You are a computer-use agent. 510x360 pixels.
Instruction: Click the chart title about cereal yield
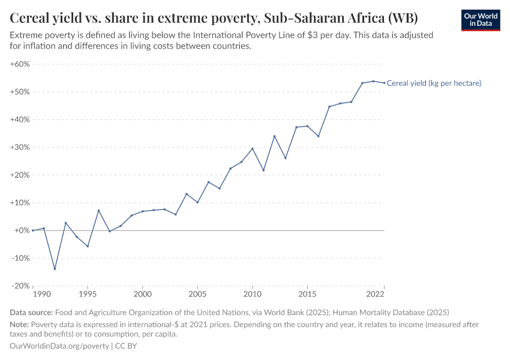click(214, 17)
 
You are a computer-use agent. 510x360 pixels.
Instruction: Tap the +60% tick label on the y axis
click(20, 64)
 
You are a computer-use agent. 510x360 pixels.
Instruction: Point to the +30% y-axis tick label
click(20, 148)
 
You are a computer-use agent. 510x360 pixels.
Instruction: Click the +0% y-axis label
click(22, 230)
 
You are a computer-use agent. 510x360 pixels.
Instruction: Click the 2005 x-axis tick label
click(197, 295)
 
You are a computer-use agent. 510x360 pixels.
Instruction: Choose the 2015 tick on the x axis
click(307, 295)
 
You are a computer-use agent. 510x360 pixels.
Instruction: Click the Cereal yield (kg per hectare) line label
click(434, 83)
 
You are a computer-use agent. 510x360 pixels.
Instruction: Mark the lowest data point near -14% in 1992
click(55, 269)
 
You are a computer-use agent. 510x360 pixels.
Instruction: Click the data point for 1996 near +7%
click(98, 211)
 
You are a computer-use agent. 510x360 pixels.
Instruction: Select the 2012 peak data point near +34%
click(274, 136)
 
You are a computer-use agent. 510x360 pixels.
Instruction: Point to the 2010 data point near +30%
click(252, 149)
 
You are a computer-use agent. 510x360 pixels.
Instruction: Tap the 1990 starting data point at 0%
click(33, 230)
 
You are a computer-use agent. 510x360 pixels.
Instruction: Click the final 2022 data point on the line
click(384, 83)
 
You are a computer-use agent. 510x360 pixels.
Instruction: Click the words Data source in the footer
click(31, 313)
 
